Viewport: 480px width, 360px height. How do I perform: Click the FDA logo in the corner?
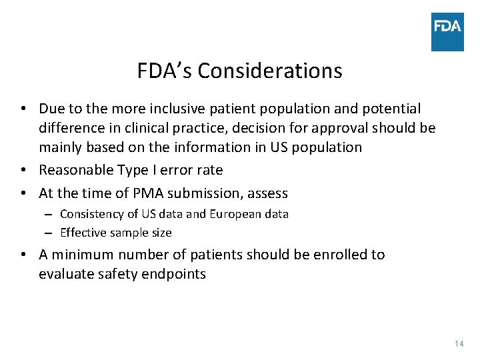[447, 31]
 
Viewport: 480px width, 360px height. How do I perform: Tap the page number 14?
[458, 343]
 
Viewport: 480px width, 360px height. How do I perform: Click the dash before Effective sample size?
[49, 233]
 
